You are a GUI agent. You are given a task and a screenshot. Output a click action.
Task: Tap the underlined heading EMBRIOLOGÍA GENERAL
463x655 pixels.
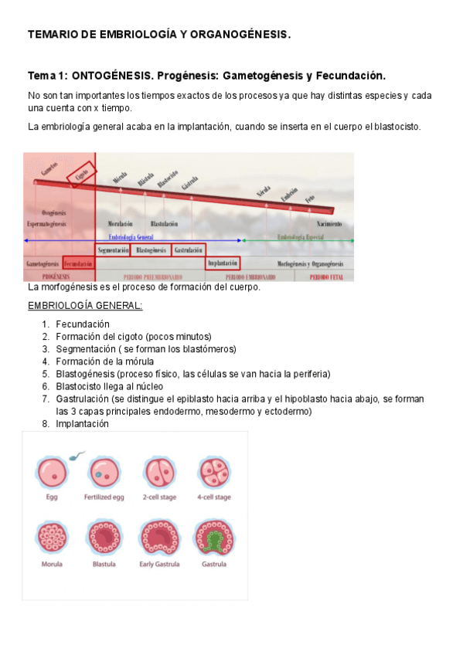(x=85, y=306)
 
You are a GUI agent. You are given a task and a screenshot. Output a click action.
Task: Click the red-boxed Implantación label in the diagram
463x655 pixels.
(x=223, y=263)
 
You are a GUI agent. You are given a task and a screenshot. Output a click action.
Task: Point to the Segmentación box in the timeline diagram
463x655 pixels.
(x=114, y=250)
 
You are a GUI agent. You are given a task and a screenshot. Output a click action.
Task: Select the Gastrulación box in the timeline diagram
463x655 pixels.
(x=188, y=250)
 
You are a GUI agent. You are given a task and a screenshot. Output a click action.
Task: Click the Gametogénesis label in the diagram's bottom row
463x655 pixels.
(x=43, y=263)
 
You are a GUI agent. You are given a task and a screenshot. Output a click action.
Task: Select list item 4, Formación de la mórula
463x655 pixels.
(x=104, y=361)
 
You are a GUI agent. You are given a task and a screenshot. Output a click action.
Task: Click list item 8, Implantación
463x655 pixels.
(x=82, y=423)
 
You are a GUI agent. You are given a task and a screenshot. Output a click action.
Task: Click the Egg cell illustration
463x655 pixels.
(x=52, y=471)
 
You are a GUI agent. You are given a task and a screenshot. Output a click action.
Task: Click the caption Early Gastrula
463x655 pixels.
(x=158, y=565)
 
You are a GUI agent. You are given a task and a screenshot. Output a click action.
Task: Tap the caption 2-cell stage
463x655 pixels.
(x=158, y=497)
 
